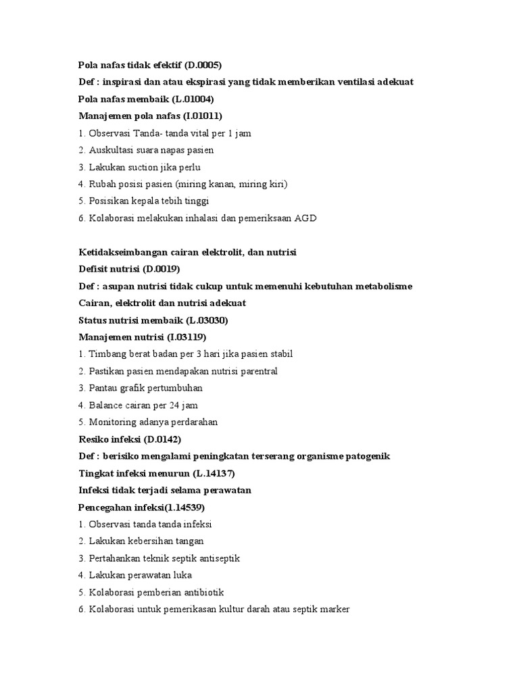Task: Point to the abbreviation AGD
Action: [x=305, y=218]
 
